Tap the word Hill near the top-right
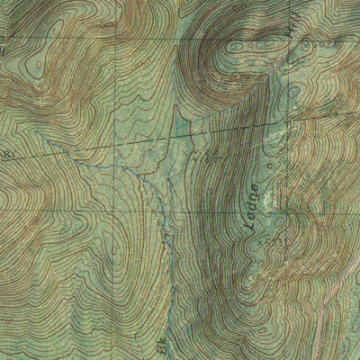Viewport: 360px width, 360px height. (291, 41)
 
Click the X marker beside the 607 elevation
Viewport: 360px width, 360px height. (306, 41)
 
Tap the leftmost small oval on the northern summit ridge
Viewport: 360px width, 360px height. (236, 45)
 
